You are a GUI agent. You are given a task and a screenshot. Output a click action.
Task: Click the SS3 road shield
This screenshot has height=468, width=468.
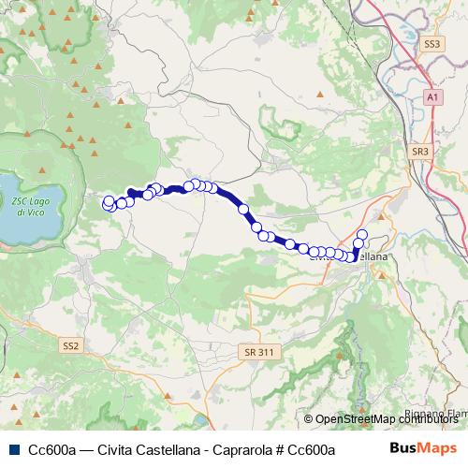coord(431,43)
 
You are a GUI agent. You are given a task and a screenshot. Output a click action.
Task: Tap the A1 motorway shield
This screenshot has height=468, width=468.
coord(431,96)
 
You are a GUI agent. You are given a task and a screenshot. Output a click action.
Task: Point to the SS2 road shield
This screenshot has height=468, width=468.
coord(72,345)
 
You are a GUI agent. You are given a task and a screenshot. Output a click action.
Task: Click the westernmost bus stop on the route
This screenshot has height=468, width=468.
coord(109,201)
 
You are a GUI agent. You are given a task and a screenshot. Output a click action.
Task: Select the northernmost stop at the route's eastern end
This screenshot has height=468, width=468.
coord(362,233)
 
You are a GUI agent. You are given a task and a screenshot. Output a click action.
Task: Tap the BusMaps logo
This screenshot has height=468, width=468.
coord(424,449)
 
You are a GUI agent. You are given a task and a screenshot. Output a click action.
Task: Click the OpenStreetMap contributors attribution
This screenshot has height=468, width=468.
coord(386,419)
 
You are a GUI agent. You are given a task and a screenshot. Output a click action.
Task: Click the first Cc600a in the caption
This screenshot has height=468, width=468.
coord(51,450)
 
